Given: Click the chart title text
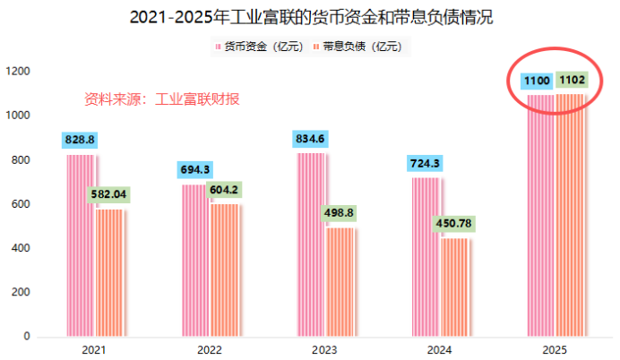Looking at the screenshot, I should (310, 16).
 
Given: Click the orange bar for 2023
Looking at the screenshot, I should (341, 283).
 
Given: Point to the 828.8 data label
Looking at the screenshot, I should (80, 140).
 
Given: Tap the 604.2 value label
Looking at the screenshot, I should (226, 189).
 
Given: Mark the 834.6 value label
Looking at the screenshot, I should (311, 138).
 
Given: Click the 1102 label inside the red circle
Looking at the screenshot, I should (572, 81).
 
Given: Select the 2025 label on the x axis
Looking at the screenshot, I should (556, 350).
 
